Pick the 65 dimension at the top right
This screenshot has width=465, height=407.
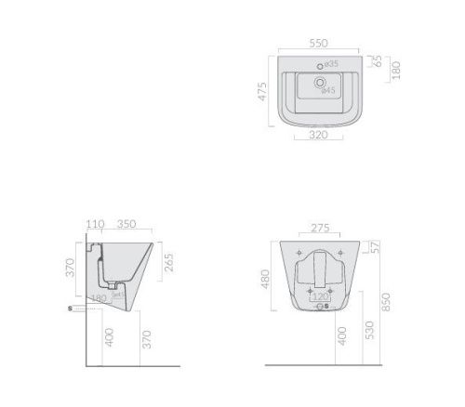coord(378,60)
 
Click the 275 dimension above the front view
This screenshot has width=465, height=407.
coord(319,226)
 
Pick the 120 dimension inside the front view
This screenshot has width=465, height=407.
coord(319,296)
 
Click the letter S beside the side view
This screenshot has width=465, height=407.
coord(69,308)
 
